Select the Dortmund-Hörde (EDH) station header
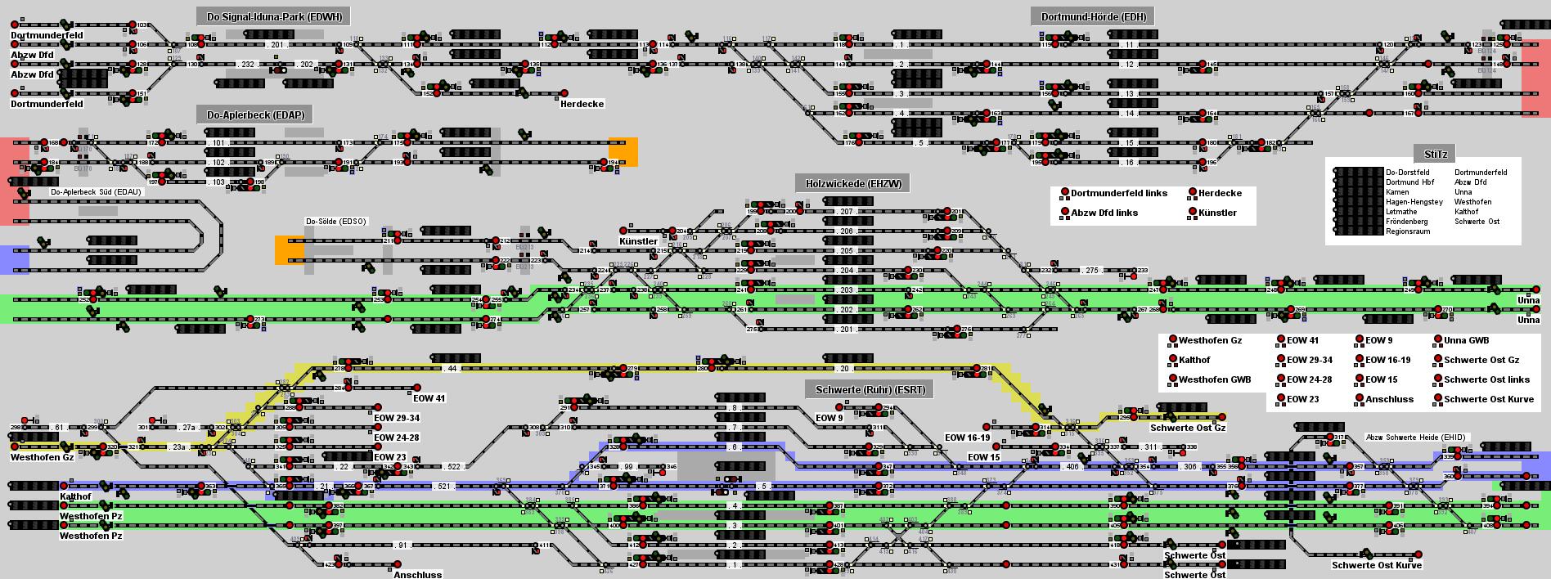point(1093,16)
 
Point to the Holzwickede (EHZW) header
point(852,184)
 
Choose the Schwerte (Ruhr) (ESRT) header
point(870,390)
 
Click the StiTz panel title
point(1435,154)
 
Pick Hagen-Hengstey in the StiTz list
point(1414,202)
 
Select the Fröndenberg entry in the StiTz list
point(1406,222)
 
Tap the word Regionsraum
point(1407,231)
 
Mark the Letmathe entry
point(1402,212)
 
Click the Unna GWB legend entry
point(1466,340)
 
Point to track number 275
point(1092,271)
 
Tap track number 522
point(455,467)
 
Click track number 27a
point(188,428)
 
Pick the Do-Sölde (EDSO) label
point(336,222)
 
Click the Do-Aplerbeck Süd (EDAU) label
point(96,192)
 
